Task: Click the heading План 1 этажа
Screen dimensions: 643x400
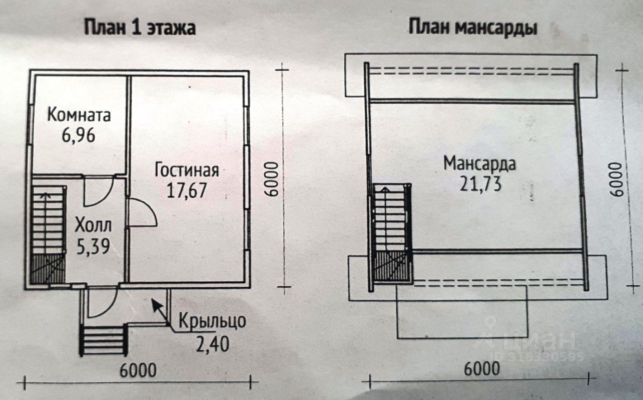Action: [139, 28]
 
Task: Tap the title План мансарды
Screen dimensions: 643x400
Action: [473, 28]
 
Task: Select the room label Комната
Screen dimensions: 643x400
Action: [79, 116]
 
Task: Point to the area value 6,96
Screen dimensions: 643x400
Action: [79, 136]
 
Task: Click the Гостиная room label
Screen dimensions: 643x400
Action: [186, 170]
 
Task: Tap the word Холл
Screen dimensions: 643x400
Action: [93, 225]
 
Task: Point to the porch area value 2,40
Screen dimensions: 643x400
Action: [212, 344]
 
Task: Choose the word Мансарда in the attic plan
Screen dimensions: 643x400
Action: [480, 164]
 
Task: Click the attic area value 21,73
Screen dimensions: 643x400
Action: [480, 184]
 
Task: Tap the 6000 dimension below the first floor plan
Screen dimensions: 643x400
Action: [138, 370]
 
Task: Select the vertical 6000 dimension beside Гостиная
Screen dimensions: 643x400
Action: [271, 179]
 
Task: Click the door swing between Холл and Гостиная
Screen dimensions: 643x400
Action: [142, 213]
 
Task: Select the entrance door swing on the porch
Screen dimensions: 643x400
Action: [102, 301]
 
